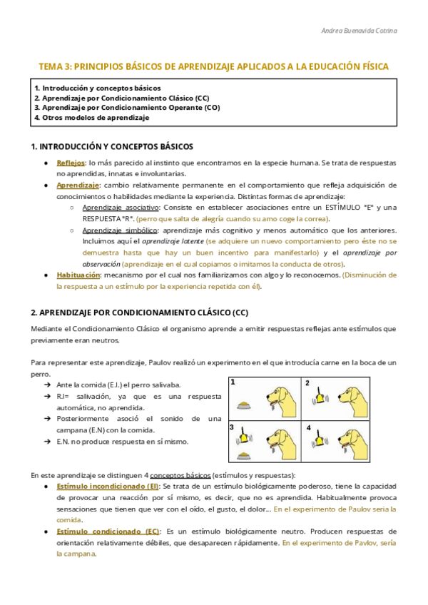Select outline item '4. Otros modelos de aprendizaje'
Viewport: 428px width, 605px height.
92,117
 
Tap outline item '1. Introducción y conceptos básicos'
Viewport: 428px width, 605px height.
97,87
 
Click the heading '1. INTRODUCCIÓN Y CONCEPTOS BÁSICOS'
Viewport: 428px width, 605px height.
112,146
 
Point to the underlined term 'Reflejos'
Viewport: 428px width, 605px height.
71,163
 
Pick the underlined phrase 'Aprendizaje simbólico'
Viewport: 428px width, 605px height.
119,230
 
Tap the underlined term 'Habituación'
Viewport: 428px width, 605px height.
78,275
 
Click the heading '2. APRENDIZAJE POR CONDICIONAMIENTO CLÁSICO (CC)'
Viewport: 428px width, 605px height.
140,312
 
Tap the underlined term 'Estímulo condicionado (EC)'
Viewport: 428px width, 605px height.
108,532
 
